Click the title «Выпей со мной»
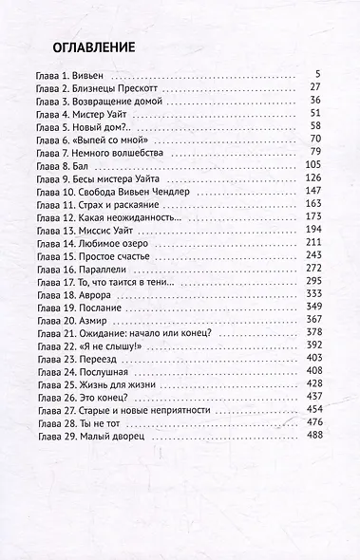122,140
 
